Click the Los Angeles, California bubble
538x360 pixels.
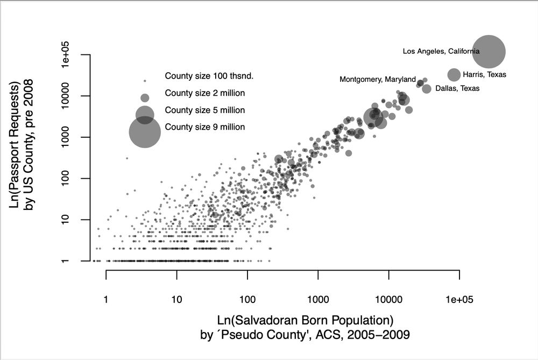click(x=489, y=52)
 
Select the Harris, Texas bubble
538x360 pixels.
click(x=454, y=75)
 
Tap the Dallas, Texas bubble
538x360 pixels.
click(x=427, y=89)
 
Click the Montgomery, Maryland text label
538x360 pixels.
click(x=378, y=80)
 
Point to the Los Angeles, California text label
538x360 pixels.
click(x=441, y=52)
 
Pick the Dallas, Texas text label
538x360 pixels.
click(x=457, y=88)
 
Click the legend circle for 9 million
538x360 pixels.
click(x=145, y=132)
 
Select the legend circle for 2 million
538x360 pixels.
click(x=145, y=98)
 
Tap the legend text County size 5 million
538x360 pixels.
click(x=205, y=110)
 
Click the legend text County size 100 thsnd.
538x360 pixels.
click(x=209, y=76)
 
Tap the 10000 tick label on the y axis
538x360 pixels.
click(x=68, y=96)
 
